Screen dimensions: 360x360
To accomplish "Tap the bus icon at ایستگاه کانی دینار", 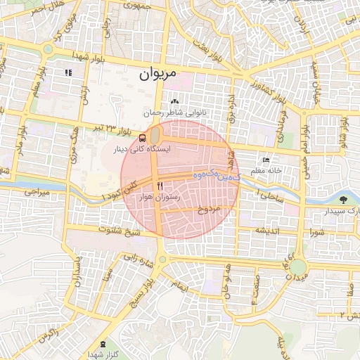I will (x=143, y=138).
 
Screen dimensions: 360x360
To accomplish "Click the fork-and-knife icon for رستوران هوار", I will (x=161, y=186).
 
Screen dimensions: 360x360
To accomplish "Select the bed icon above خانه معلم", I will (x=265, y=160).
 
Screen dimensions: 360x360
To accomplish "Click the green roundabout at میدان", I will (x=298, y=267).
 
